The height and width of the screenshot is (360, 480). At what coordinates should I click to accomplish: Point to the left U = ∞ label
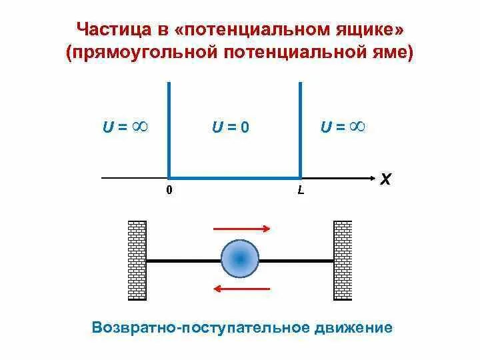click(125, 126)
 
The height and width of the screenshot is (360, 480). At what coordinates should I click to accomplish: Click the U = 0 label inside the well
click(230, 127)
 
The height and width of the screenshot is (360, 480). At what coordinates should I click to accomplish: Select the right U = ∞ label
click(343, 126)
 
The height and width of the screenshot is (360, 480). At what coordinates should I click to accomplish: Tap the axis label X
click(386, 179)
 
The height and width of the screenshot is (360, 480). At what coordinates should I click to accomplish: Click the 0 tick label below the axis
click(169, 190)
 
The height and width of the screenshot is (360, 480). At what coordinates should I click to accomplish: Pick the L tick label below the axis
click(301, 191)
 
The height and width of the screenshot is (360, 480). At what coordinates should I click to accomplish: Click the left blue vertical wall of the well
click(168, 127)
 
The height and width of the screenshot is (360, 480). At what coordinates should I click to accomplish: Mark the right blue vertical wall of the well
click(301, 127)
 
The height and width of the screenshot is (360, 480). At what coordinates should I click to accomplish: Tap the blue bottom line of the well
click(234, 178)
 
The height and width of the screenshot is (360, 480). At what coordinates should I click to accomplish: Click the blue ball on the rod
click(239, 259)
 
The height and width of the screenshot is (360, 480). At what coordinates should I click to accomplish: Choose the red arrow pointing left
click(241, 289)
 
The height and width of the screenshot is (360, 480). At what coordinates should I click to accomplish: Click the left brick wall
click(137, 260)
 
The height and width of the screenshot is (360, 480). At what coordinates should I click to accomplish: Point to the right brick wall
click(343, 260)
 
